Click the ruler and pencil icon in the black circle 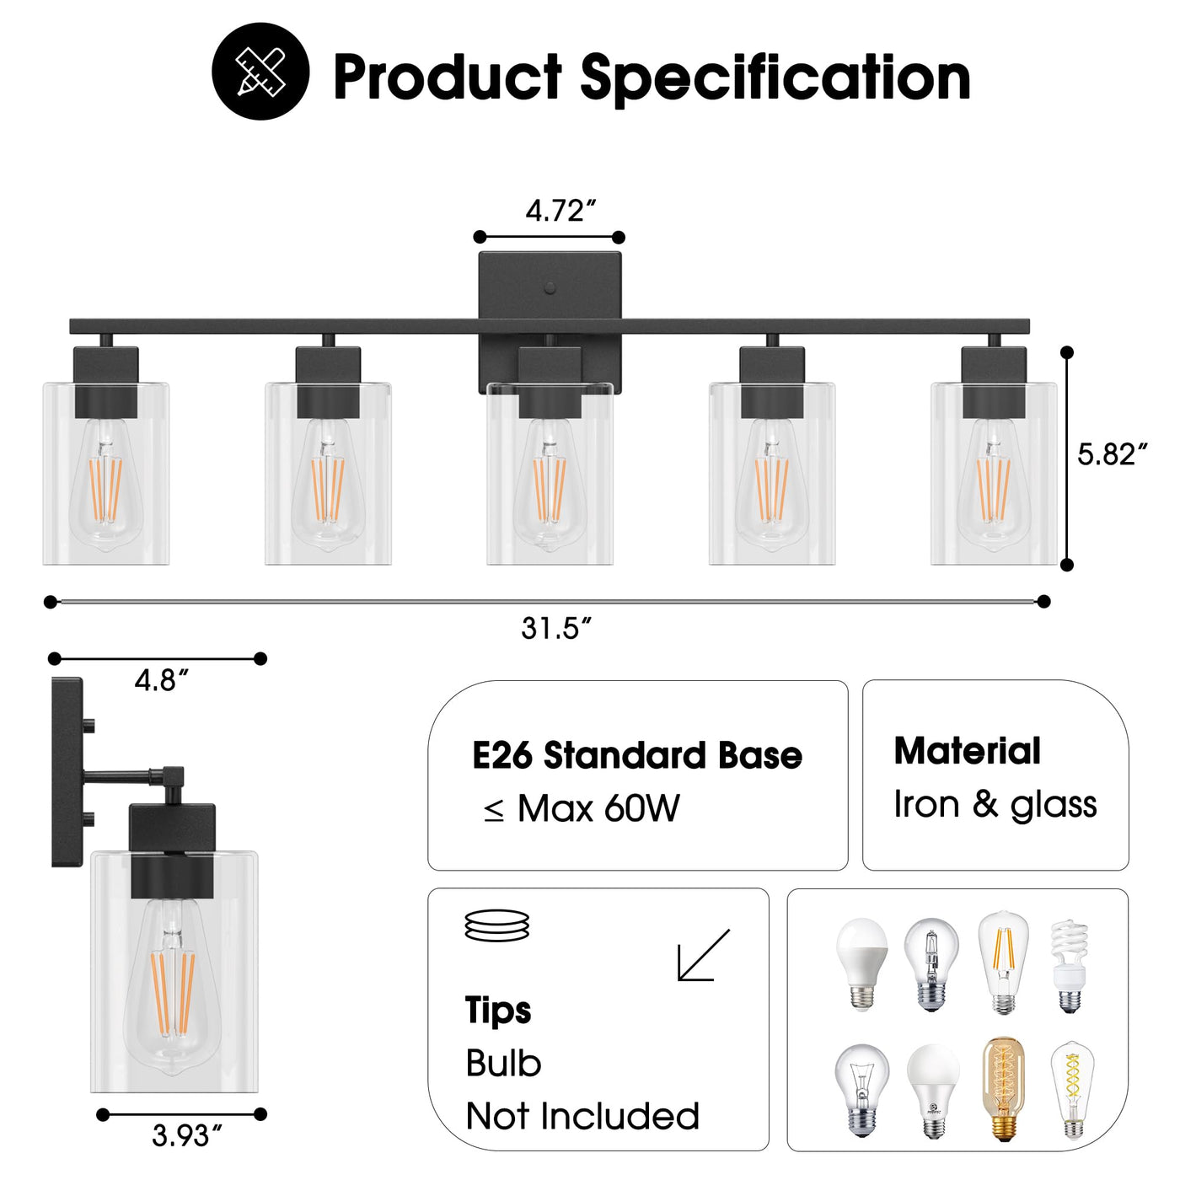tap(260, 72)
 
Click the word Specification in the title tap(775, 78)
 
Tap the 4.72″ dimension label tap(560, 211)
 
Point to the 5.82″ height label tap(1112, 454)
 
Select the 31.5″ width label tap(556, 628)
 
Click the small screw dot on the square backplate tap(550, 287)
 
